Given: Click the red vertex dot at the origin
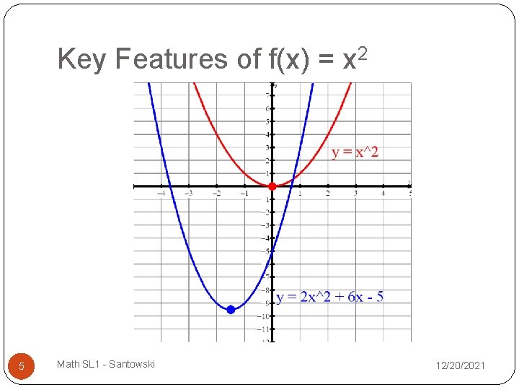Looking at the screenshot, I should pyautogui.click(x=272, y=186).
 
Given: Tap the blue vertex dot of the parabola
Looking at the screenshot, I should pyautogui.click(x=231, y=309).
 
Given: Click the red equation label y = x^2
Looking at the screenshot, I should pyautogui.click(x=355, y=152).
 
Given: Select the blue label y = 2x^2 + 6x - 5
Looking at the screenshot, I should pyautogui.click(x=330, y=297).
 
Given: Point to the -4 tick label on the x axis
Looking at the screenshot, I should pyautogui.click(x=161, y=193).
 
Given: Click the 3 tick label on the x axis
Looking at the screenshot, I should pyautogui.click(x=355, y=193).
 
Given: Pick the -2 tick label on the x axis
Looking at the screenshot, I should pyautogui.click(x=216, y=193).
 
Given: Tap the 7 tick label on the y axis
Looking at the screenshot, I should pyautogui.click(x=267, y=95).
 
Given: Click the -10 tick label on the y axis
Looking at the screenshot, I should pyautogui.click(x=265, y=316).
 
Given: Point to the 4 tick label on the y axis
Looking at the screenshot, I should pyautogui.click(x=267, y=134).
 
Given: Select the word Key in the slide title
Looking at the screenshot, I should pyautogui.click(x=81, y=59).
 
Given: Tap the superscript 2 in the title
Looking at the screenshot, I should pyautogui.click(x=363, y=52).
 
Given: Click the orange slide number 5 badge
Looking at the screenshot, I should pyautogui.click(x=22, y=366).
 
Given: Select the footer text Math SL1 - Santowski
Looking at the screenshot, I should pyautogui.click(x=106, y=365).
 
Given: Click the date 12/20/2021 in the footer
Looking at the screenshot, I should pyautogui.click(x=461, y=366).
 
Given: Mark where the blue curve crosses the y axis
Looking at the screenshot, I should pyautogui.click(x=272, y=251).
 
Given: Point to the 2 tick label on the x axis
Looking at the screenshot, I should pyautogui.click(x=327, y=193).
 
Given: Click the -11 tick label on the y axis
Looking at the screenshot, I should pyautogui.click(x=265, y=329).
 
